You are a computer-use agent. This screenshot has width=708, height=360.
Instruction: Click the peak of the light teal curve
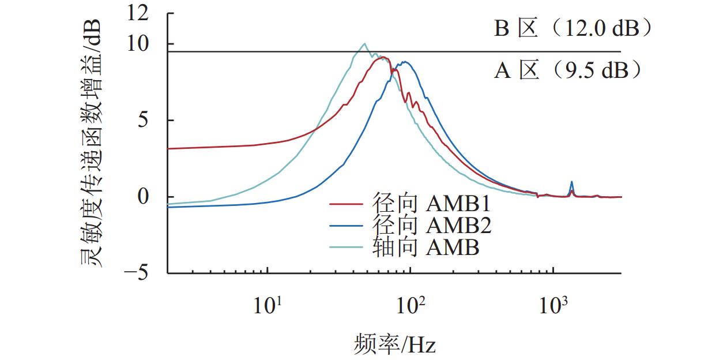[x=364, y=44]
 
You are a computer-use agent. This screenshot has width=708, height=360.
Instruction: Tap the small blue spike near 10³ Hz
[x=571, y=182]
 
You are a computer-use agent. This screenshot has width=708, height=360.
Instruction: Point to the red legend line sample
[x=346, y=205]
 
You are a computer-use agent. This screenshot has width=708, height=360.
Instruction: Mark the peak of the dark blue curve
[x=405, y=62]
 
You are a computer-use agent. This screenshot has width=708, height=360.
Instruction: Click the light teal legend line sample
[x=346, y=247]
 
